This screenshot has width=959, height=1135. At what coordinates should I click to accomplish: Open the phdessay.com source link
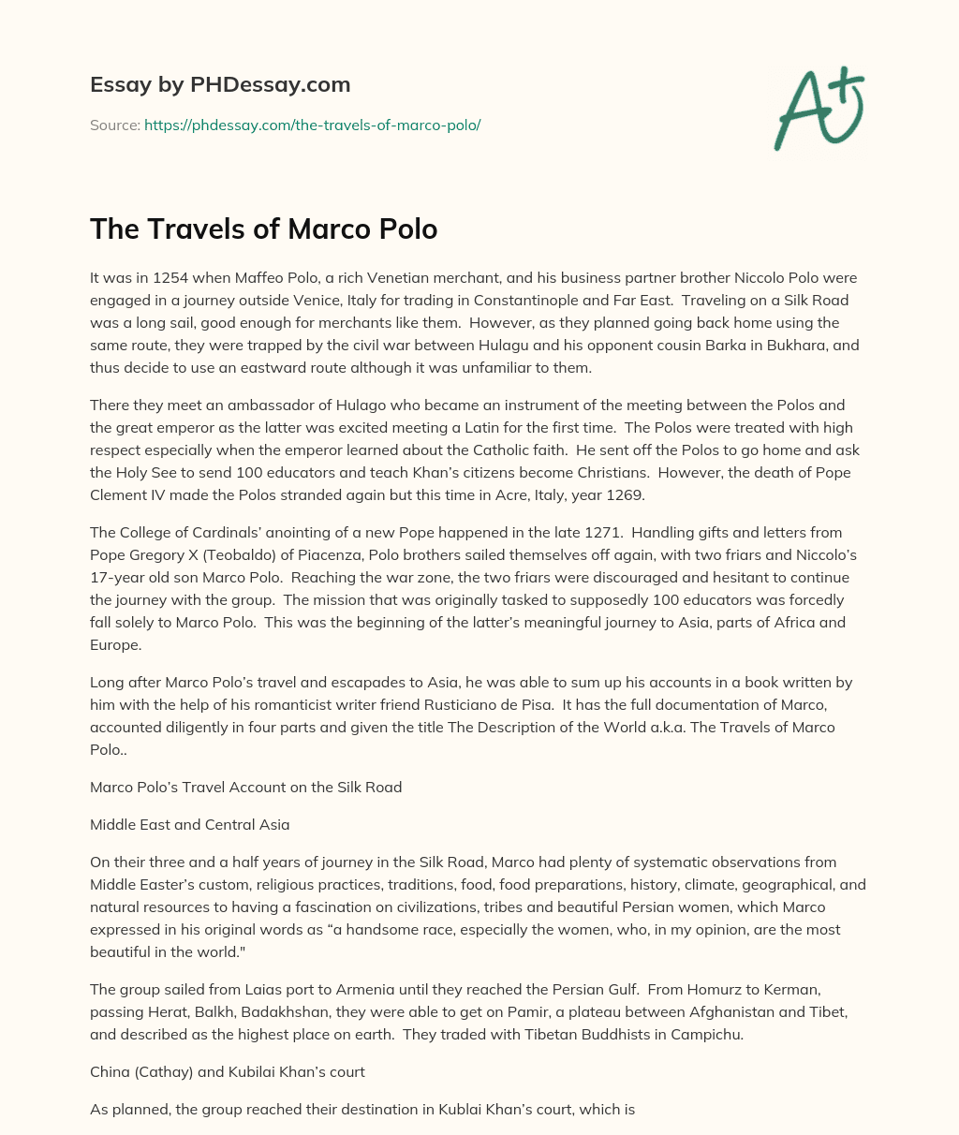[312, 125]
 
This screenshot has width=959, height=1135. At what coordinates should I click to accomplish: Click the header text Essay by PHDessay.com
[220, 84]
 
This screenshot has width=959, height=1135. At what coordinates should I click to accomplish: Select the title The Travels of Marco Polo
[263, 228]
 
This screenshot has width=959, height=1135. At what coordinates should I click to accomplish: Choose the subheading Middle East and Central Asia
[189, 825]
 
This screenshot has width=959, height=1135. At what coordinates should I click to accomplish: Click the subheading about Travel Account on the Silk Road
[245, 788]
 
